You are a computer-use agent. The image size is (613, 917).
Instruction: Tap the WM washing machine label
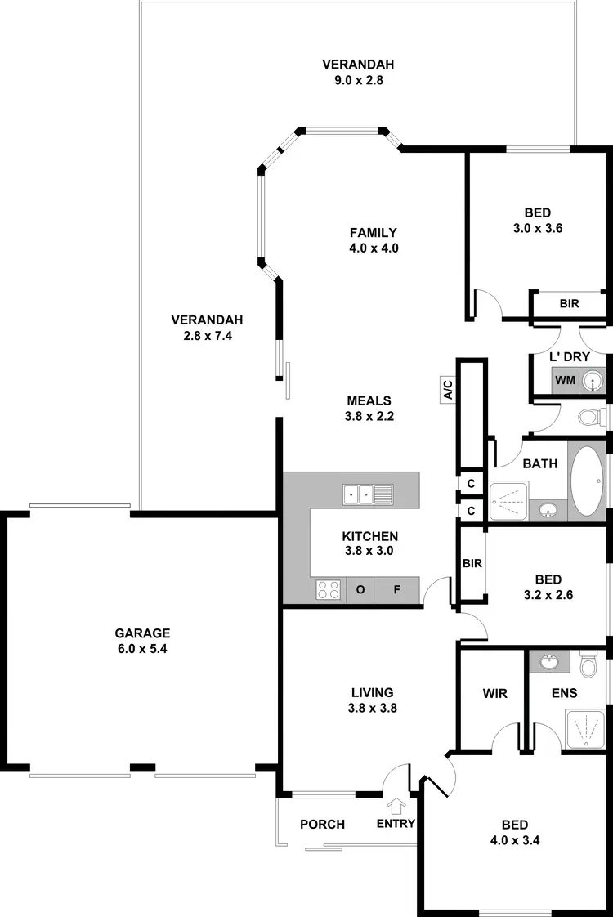tap(565, 380)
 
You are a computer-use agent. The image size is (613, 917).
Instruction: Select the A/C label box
tap(447, 388)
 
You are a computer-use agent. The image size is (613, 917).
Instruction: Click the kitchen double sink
tap(368, 493)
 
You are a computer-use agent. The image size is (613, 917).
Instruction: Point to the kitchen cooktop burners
tap(329, 589)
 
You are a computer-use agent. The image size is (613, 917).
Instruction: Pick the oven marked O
tap(360, 589)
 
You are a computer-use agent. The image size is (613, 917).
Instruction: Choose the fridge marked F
tap(396, 589)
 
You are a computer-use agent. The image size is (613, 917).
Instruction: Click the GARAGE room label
tap(142, 633)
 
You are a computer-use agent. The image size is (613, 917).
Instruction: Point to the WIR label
tap(495, 694)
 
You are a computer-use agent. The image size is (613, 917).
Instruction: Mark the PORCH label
tap(323, 824)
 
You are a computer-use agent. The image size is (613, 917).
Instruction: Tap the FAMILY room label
tap(374, 232)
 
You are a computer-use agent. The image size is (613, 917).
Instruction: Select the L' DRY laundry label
tap(570, 357)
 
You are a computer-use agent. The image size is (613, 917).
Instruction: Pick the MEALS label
tap(369, 400)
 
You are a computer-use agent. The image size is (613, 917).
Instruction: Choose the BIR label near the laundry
tap(570, 303)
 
